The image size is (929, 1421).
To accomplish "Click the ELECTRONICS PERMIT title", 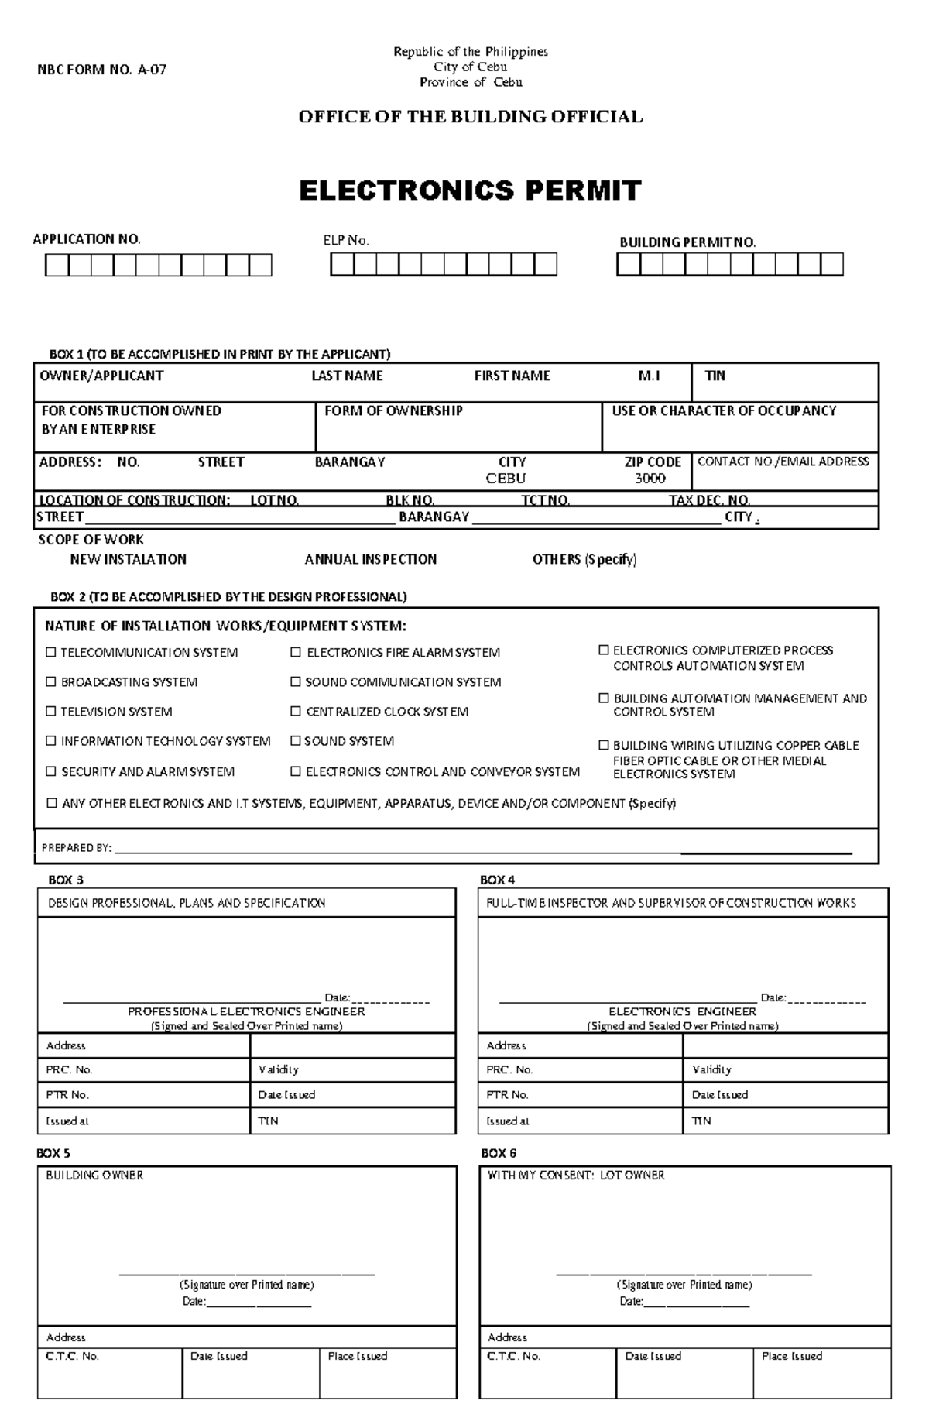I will (470, 190).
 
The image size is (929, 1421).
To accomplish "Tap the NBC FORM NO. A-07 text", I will (102, 70).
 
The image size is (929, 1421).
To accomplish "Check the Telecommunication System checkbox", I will (51, 652).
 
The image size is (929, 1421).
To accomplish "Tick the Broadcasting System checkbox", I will (51, 681).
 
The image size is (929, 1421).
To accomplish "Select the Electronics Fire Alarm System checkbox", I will (296, 652).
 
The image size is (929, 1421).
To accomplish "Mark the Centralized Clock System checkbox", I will (296, 711).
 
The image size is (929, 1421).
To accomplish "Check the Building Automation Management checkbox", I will (604, 698).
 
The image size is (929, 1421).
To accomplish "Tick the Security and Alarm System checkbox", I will (51, 771).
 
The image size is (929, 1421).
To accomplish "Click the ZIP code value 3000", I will (650, 479).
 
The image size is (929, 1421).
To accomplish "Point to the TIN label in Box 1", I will (715, 376).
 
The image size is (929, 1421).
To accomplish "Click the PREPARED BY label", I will (77, 848).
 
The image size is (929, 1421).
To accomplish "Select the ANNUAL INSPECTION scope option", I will (370, 559).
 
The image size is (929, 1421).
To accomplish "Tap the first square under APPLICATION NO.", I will (57, 266).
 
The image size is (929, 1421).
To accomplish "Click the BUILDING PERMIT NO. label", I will (687, 242).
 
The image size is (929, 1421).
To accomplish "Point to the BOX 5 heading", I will (54, 1153).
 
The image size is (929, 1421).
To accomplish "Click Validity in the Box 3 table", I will (279, 1069).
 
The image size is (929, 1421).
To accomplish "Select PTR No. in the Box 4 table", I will (507, 1095).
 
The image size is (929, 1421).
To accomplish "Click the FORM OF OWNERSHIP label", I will (393, 410).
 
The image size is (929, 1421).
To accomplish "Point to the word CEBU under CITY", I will (506, 479).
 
